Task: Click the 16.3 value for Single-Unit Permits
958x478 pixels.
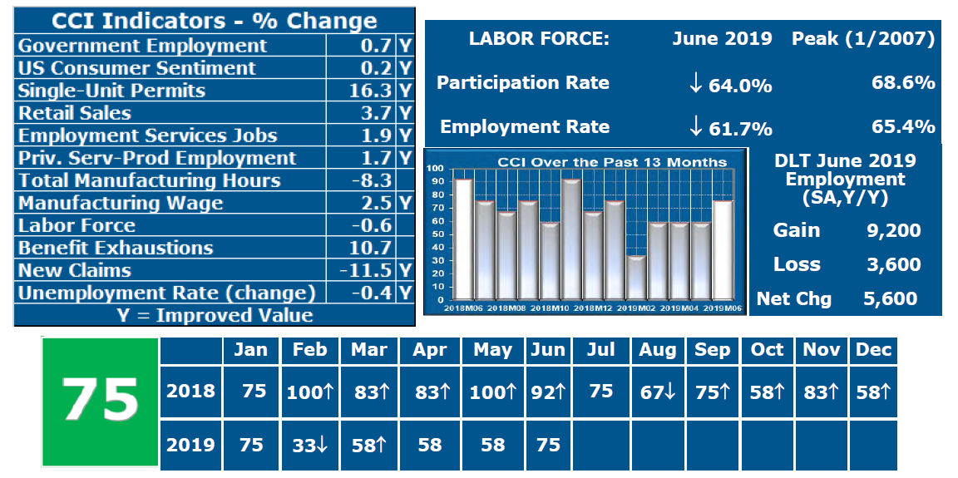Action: tap(371, 91)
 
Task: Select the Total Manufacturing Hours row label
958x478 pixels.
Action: tap(150, 180)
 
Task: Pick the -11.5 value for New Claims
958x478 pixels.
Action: tap(366, 270)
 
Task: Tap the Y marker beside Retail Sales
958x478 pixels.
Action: tap(405, 113)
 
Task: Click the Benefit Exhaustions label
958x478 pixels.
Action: tap(116, 248)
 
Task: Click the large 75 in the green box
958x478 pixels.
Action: tap(100, 401)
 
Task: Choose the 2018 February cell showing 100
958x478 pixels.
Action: tap(310, 391)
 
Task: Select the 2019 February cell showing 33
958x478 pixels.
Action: tap(310, 445)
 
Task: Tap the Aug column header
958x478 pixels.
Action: tap(657, 350)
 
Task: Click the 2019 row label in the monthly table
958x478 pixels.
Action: tap(190, 445)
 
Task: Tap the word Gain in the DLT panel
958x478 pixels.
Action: tap(796, 230)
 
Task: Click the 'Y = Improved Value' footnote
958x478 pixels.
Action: tap(214, 316)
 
